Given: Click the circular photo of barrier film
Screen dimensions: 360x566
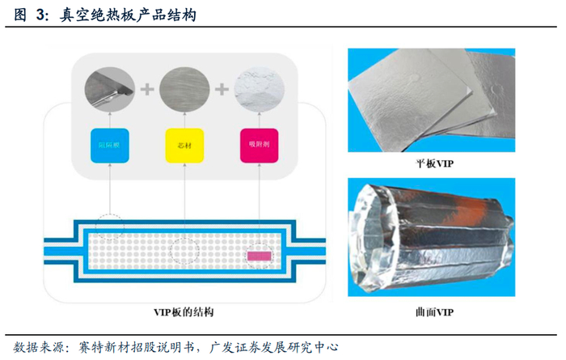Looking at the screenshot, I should click(x=110, y=85).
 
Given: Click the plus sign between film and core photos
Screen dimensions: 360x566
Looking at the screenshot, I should click(x=146, y=87).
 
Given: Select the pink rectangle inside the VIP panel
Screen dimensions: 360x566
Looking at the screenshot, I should click(x=260, y=256).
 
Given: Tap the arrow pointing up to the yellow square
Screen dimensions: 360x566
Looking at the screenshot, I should click(x=184, y=194).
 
